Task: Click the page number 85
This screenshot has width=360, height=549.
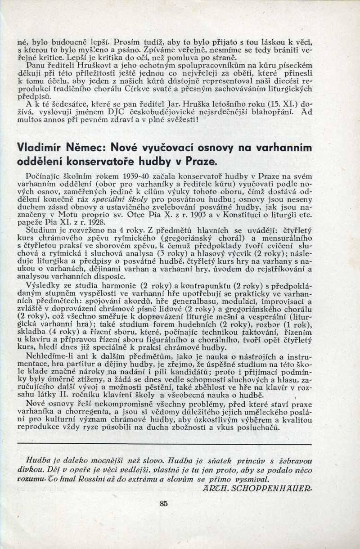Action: [163, 504]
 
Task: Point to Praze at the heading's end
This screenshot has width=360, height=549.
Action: [195, 161]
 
